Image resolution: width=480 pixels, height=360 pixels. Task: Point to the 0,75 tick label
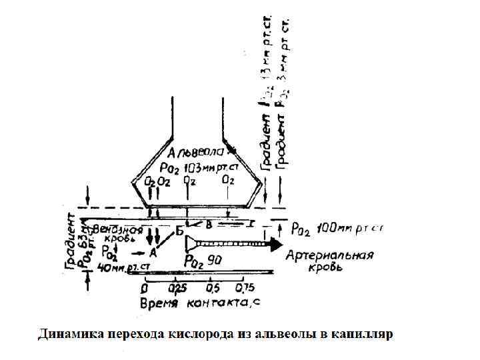pos(243,288)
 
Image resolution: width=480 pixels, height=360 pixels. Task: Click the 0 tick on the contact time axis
pos(145,288)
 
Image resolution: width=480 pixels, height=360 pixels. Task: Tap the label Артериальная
pos(329,255)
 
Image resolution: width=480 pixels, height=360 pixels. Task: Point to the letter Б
pos(179,231)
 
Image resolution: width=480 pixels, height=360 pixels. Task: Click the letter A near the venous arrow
pos(153,253)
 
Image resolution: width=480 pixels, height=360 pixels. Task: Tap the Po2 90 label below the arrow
pos(203,261)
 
